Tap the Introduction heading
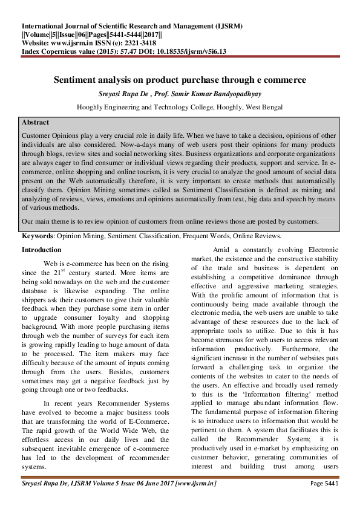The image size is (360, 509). (x=41, y=250)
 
